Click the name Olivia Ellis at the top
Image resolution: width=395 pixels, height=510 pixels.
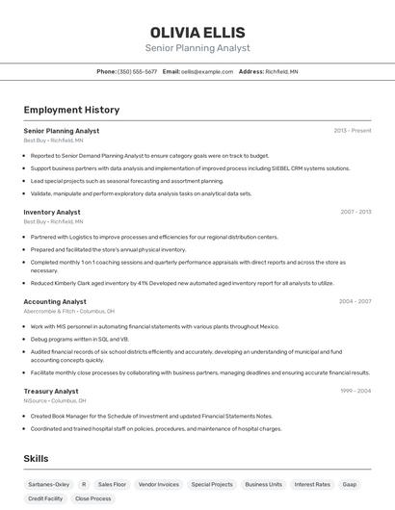(x=197, y=32)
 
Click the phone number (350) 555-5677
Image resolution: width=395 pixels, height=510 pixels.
(x=137, y=71)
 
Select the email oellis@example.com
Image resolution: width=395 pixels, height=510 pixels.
(x=207, y=71)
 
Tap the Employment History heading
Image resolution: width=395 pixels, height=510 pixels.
(x=71, y=110)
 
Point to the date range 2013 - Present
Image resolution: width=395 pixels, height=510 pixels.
(x=353, y=130)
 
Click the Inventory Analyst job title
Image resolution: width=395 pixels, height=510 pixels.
(x=52, y=212)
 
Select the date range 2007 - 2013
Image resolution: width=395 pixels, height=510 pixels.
(x=355, y=212)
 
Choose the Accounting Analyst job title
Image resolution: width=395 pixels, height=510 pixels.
(x=55, y=301)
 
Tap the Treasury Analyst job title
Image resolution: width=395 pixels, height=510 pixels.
(x=51, y=391)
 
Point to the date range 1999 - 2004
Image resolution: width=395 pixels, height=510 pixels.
(x=355, y=391)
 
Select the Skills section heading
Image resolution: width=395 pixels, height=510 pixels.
(x=36, y=459)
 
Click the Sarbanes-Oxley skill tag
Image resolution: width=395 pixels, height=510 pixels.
(x=48, y=484)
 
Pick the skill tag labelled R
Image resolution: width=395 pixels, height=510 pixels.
(x=84, y=484)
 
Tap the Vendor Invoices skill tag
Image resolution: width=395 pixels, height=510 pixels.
(x=159, y=484)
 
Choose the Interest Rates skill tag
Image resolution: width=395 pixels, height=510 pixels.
(x=312, y=484)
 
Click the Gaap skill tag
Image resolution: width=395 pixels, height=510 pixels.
(x=350, y=484)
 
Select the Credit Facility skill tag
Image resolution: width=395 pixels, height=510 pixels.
(x=45, y=498)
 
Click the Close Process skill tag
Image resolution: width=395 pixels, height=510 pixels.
(x=92, y=498)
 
